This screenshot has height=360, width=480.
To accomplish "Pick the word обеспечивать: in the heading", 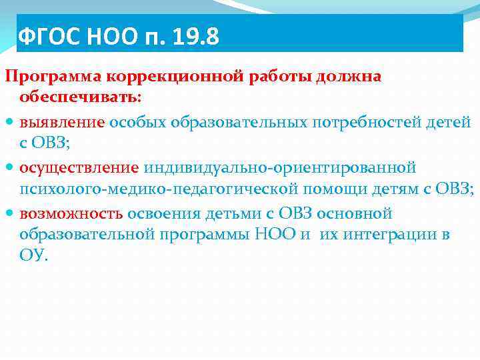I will pyautogui.click(x=81, y=97).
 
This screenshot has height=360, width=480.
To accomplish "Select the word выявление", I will pyautogui.click(x=62, y=122).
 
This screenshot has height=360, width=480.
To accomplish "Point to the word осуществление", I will pyautogui.click(x=79, y=166).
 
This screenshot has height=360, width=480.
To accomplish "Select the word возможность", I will pyautogui.click(x=71, y=213).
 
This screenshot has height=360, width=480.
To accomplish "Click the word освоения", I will pyautogui.click(x=160, y=213).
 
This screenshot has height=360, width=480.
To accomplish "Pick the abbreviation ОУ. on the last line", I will pyautogui.click(x=34, y=256).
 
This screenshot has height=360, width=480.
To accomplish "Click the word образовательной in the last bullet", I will pyautogui.click(x=86, y=235).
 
